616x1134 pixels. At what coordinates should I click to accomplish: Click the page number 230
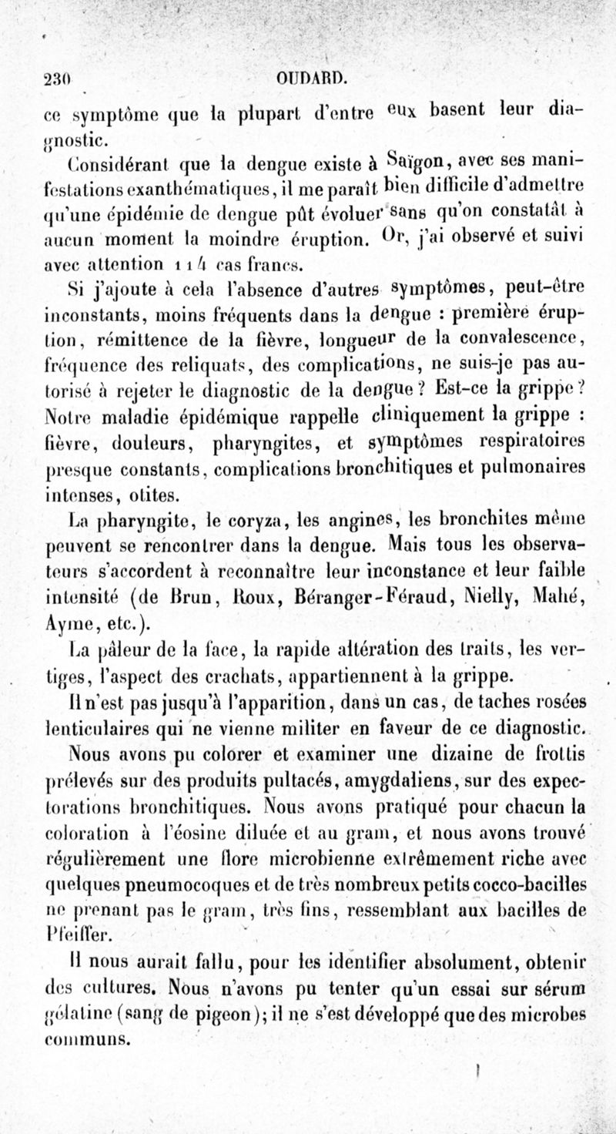[58, 79]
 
